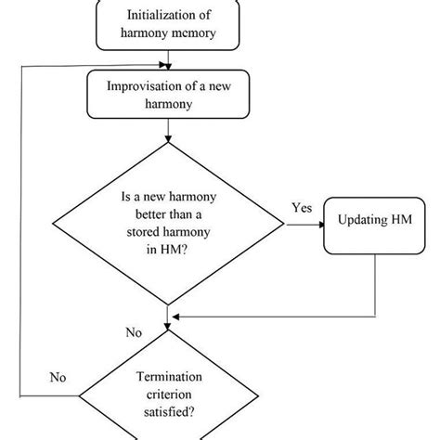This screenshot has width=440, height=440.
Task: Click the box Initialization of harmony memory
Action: [x=167, y=25]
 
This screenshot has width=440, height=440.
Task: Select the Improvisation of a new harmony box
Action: [x=166, y=95]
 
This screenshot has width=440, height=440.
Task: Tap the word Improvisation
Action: [x=145, y=88]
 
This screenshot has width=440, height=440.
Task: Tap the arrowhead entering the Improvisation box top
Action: [x=167, y=67]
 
